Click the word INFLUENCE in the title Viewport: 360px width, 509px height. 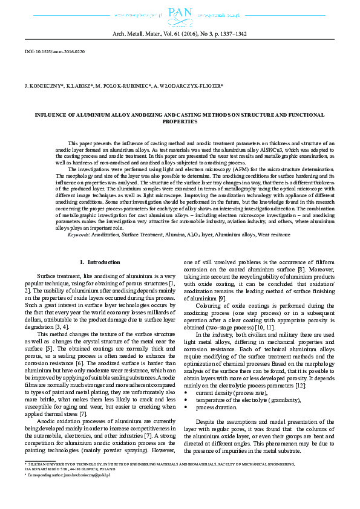52,114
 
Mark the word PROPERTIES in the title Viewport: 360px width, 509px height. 179,122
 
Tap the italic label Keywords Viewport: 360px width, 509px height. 78,234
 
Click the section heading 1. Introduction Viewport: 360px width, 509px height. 100,262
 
